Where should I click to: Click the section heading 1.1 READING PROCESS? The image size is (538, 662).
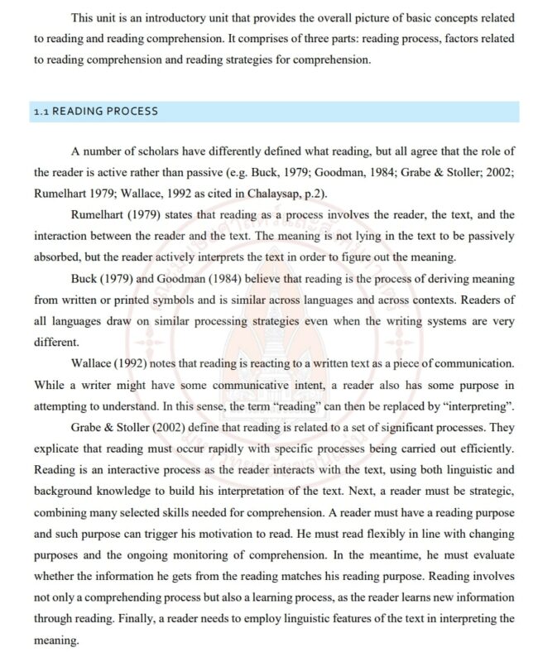(95, 111)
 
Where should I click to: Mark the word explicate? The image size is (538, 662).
(58, 449)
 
